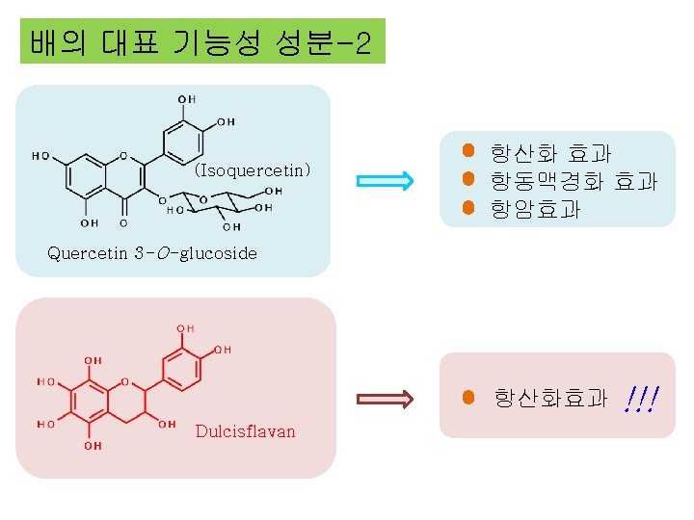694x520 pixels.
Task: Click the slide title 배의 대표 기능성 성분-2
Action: point(201,42)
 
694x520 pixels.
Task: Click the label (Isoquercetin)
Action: point(253,171)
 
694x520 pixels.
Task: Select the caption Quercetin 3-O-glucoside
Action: point(152,253)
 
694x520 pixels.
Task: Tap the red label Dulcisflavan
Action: point(245,430)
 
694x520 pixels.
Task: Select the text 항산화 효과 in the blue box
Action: point(549,153)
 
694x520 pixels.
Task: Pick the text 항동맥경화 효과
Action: point(573,180)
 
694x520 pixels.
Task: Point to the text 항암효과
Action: point(534,208)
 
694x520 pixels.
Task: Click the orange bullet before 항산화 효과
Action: point(467,151)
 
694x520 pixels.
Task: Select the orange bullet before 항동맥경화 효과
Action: point(467,179)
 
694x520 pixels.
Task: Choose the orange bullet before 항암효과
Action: point(467,207)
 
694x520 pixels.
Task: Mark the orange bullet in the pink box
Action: point(467,397)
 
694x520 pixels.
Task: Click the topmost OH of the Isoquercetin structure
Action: point(186,99)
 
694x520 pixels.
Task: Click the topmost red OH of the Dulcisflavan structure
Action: point(185,328)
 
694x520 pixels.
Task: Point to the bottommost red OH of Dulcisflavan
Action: point(92,446)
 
